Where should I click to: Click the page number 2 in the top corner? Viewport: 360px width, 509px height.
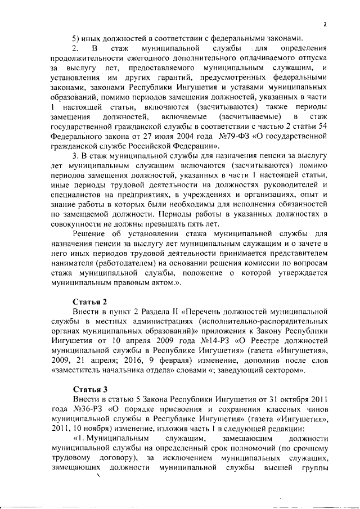click(x=325, y=24)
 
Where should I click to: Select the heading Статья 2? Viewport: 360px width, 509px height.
click(x=91, y=300)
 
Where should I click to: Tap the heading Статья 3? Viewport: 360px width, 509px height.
click(x=91, y=389)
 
